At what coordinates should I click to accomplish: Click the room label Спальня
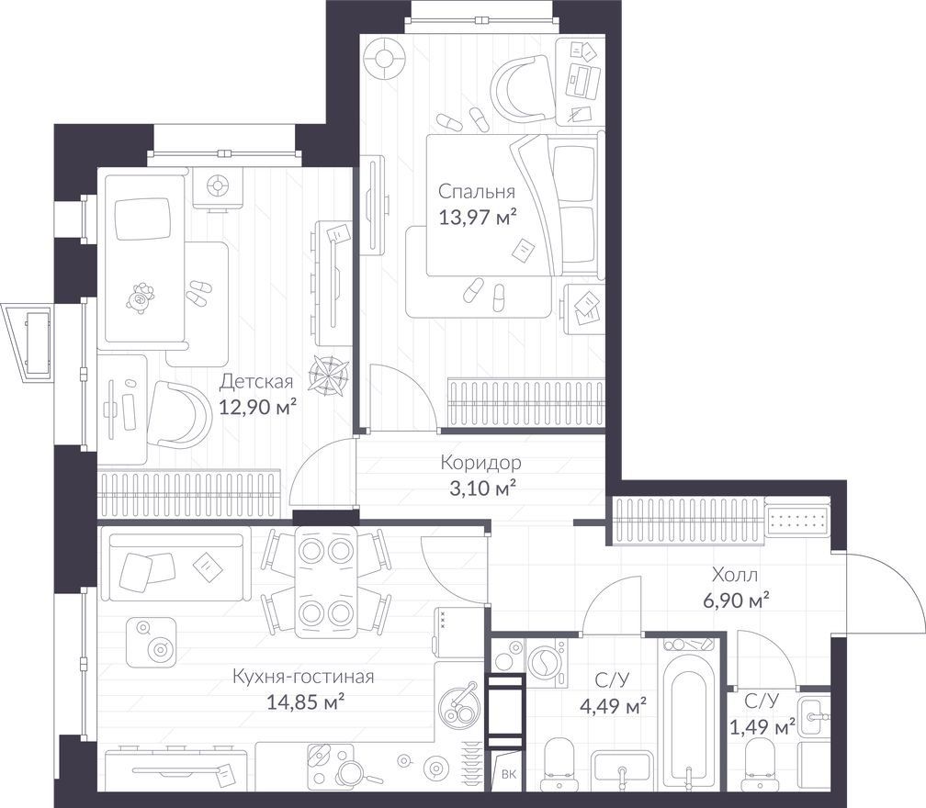[x=477, y=192]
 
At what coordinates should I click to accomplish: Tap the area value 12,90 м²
[x=257, y=407]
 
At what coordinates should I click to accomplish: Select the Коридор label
[x=480, y=464]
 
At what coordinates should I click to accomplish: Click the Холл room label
[x=735, y=574]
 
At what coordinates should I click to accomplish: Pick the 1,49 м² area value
[x=763, y=726]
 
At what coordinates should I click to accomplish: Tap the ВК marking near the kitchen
[x=508, y=774]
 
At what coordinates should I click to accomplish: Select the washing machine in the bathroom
[x=547, y=664]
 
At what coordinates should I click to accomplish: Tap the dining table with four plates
[x=324, y=582]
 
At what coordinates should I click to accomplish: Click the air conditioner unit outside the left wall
[x=29, y=342]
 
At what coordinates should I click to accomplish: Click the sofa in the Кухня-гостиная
[x=175, y=567]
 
